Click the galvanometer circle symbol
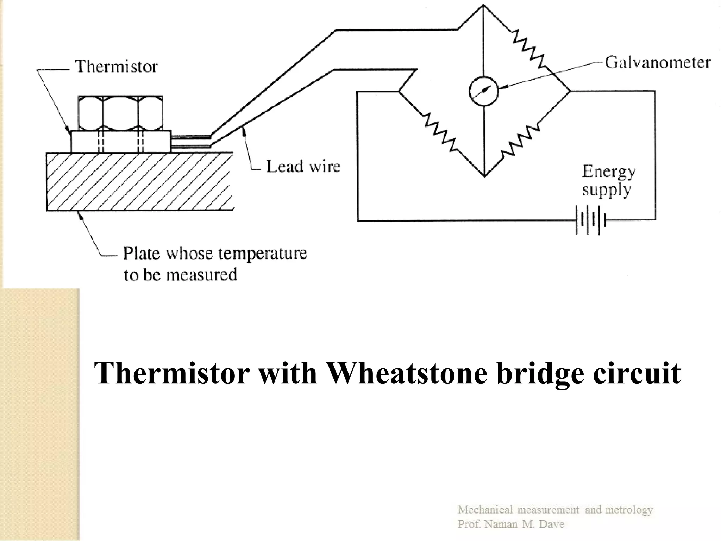pos(484,91)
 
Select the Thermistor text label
pos(117,67)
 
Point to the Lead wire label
pos(303,166)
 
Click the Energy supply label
pos(608,180)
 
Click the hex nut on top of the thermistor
pos(120,113)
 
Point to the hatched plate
pos(139,181)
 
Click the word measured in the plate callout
pos(202,275)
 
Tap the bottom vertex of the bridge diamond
pos(484,176)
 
